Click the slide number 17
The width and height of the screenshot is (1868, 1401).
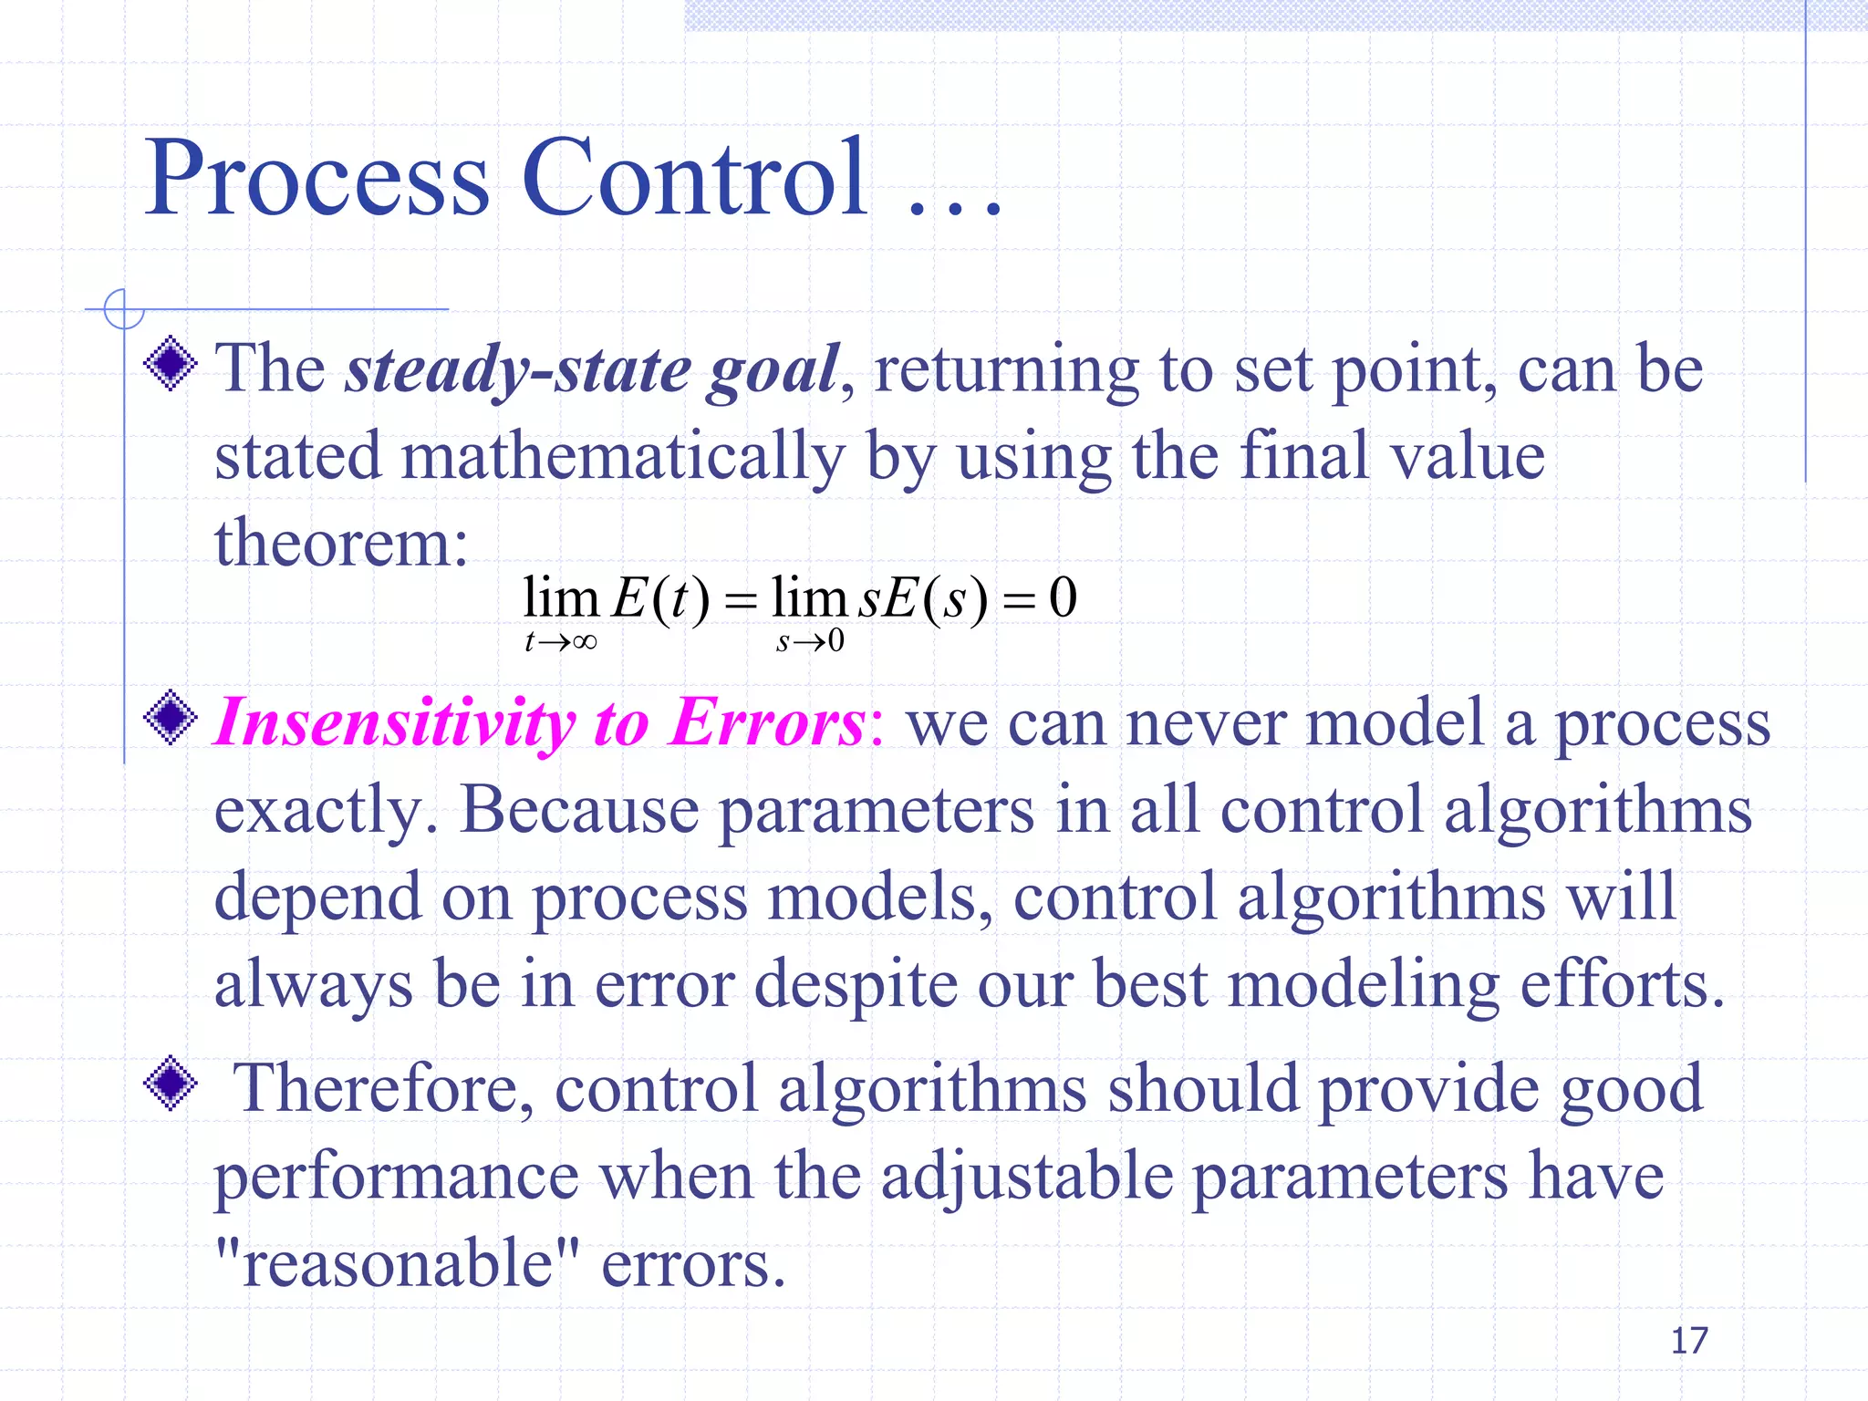(x=1688, y=1341)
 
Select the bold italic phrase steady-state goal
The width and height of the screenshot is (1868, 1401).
(x=591, y=369)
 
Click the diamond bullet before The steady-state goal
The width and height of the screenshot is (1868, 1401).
(x=171, y=364)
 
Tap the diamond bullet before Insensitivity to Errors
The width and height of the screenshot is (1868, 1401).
(x=171, y=718)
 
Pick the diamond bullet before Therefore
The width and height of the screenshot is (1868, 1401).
(x=171, y=1084)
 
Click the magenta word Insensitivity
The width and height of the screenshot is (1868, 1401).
(x=394, y=723)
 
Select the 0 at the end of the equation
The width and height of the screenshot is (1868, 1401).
(x=1063, y=598)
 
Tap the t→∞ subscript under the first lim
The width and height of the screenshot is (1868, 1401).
(x=560, y=642)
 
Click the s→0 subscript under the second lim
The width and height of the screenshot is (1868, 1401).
(x=810, y=642)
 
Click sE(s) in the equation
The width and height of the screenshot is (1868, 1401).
(x=923, y=599)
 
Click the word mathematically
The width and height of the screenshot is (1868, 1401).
(x=623, y=456)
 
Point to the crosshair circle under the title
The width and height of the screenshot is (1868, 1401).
(x=124, y=309)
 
